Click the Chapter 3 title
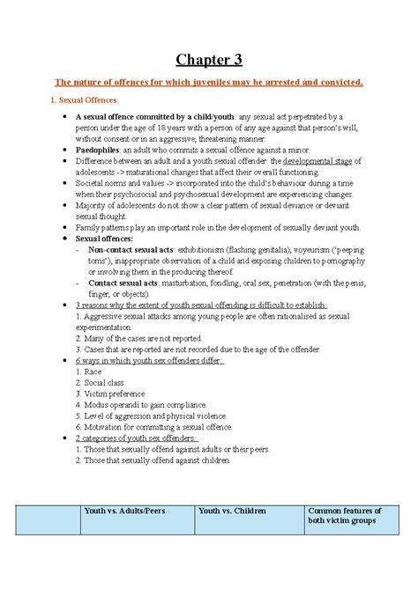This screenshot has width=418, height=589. (x=208, y=60)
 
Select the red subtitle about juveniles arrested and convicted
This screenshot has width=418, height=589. (x=208, y=82)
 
